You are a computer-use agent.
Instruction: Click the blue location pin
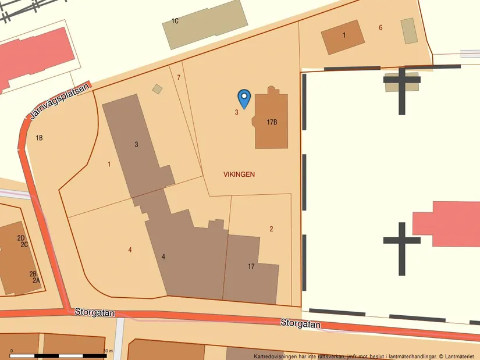tap(244, 98)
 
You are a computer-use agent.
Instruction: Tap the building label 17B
tap(272, 122)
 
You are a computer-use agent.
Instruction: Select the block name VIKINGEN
tap(239, 174)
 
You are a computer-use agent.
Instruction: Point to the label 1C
tap(175, 22)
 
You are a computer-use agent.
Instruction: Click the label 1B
tap(40, 138)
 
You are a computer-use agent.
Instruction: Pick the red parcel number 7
tap(179, 77)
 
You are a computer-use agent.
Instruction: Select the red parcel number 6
tap(381, 27)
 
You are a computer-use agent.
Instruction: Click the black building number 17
tap(251, 266)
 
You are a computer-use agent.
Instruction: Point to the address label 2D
tap(21, 238)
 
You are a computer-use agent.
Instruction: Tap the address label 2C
tap(24, 244)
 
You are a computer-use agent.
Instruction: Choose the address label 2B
tap(33, 274)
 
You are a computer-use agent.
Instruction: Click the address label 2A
tap(36, 280)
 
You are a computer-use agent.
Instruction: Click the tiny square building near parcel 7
tap(157, 89)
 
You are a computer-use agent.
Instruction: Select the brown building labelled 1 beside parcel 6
tap(343, 37)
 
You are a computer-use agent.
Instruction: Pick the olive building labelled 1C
tap(205, 24)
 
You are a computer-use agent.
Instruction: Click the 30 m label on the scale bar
tap(107, 350)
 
